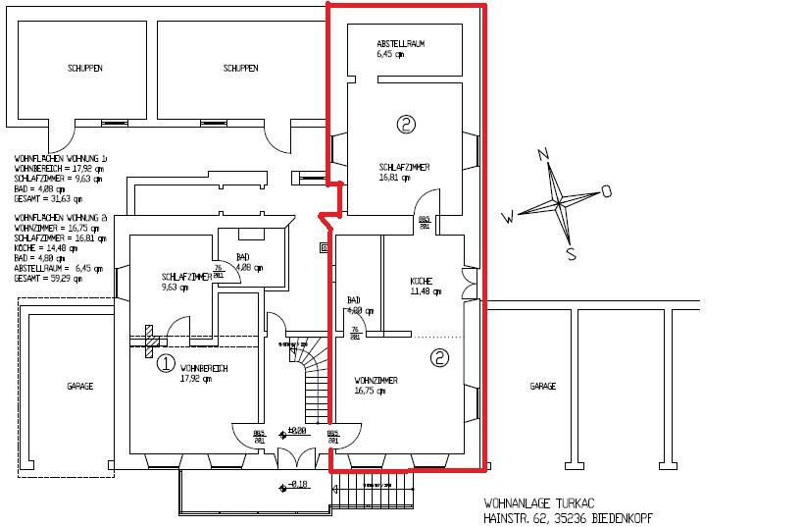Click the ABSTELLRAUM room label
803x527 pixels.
[400, 45]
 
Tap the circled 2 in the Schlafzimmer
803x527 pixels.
[406, 124]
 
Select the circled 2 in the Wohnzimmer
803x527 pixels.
[439, 358]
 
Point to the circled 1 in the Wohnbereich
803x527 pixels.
[166, 364]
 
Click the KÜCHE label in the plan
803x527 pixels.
[421, 282]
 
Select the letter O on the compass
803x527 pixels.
[606, 190]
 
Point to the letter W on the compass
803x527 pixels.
[508, 216]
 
